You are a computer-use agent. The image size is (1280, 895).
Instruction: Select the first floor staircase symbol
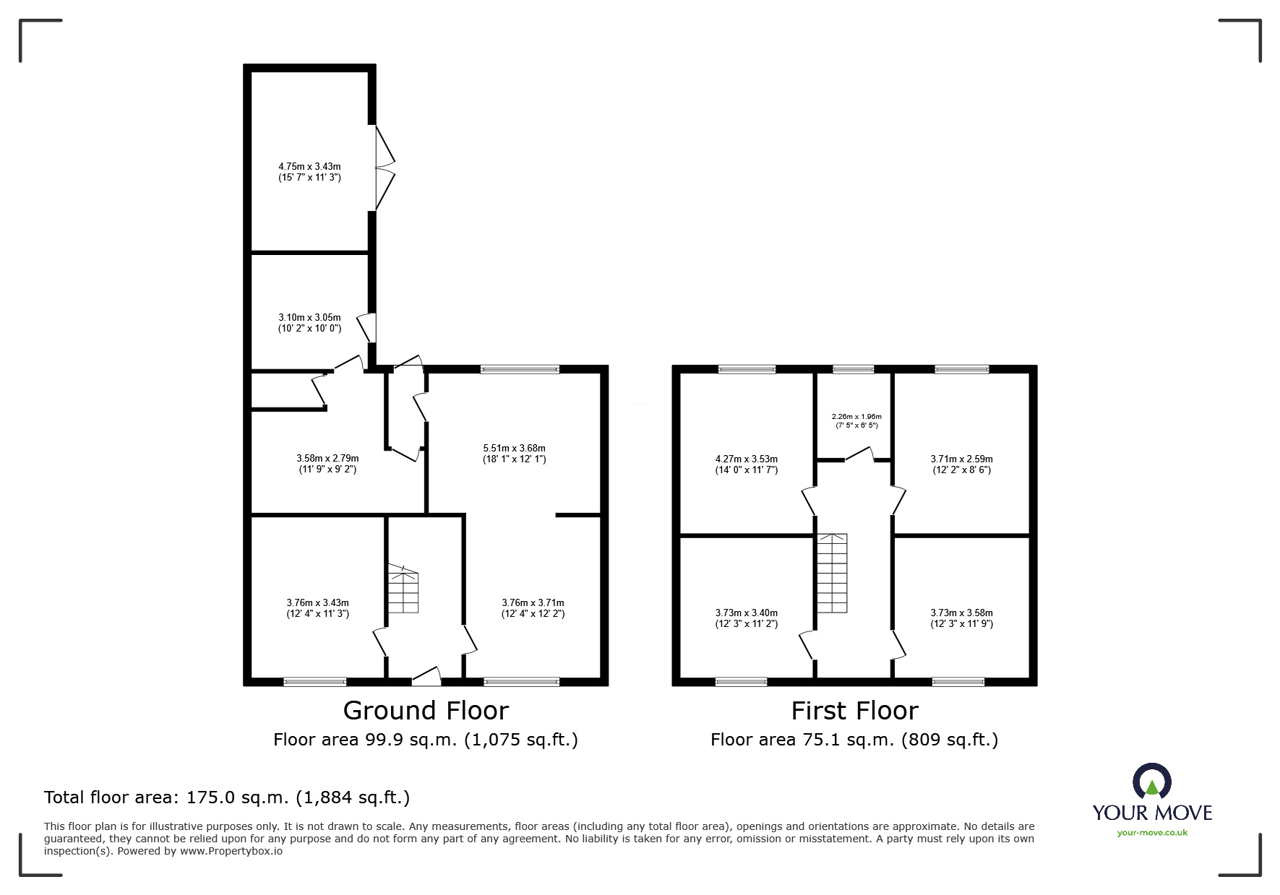832,574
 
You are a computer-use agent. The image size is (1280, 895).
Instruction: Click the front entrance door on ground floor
426,678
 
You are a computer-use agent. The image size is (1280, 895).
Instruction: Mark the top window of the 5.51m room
520,370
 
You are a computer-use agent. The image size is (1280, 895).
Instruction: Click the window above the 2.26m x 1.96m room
853,370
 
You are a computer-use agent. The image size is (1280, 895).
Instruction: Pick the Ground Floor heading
426,711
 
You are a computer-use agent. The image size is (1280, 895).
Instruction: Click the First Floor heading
854,711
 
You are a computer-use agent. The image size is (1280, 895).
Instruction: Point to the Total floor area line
227,797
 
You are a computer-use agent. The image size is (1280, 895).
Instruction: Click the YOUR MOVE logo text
1152,813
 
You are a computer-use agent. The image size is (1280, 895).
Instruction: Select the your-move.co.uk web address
1152,833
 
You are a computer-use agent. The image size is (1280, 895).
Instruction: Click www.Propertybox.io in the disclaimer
231,851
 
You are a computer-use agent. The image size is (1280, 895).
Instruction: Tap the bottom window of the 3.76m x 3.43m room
314,681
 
